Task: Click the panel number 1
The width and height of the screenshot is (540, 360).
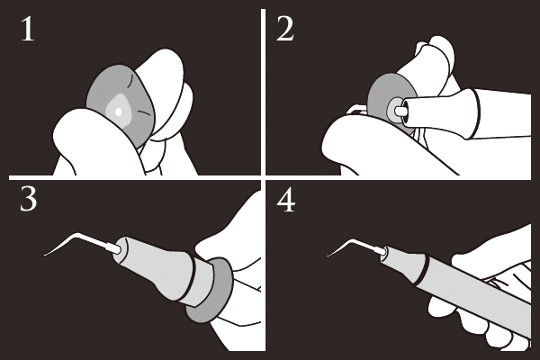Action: point(28,30)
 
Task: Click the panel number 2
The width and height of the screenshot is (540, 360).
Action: point(285,30)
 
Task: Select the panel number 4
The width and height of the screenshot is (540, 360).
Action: point(286,201)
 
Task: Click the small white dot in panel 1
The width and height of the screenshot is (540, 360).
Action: point(118,112)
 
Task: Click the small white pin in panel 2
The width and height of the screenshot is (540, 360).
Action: point(400,111)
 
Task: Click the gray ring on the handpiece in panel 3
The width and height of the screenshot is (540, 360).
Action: point(209,290)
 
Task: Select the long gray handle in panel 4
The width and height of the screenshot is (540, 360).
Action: point(475,290)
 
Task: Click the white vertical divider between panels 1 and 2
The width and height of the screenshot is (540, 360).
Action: point(263,93)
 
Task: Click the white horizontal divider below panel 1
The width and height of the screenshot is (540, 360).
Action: point(134,178)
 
